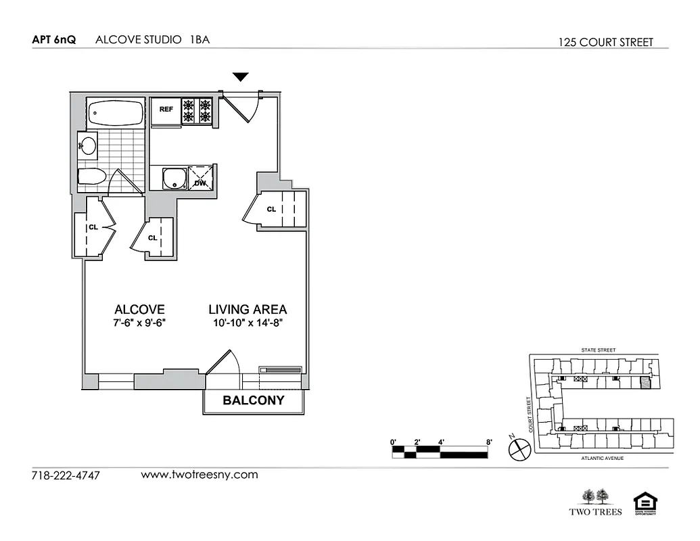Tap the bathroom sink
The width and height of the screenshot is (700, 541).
(88, 144)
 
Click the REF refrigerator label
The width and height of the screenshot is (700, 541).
(166, 108)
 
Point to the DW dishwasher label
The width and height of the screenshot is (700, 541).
(200, 183)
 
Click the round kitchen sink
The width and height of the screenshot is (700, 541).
(175, 179)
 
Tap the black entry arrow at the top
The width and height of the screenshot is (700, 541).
(241, 77)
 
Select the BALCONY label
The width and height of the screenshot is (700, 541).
(254, 400)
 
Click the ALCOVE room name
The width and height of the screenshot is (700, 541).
(139, 310)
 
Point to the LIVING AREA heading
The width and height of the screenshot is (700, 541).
(248, 310)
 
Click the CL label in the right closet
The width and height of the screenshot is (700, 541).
(271, 209)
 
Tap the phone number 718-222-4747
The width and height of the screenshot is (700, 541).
(66, 475)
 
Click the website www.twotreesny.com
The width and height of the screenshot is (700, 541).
(200, 474)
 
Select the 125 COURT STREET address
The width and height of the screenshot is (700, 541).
(606, 42)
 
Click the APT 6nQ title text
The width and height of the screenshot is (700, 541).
(54, 39)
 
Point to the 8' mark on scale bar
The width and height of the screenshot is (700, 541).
(488, 442)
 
